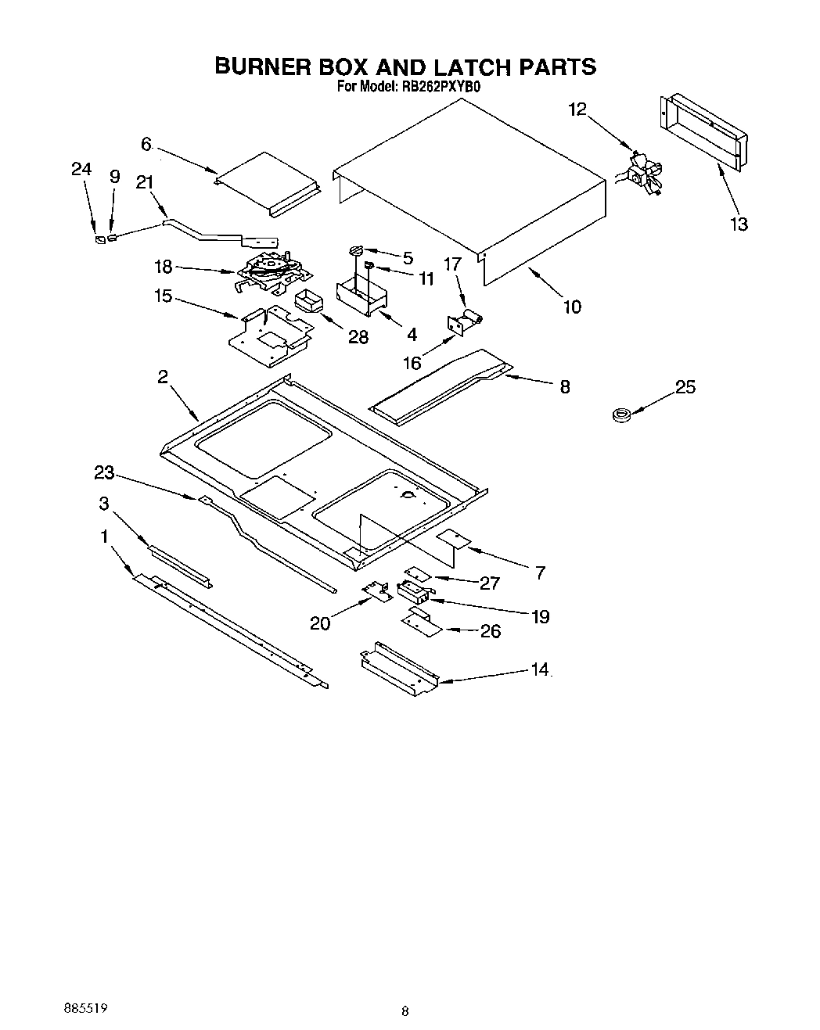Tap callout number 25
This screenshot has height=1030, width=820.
[x=685, y=386]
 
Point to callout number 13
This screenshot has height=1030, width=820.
[x=739, y=224]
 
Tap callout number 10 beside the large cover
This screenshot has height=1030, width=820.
[x=572, y=307]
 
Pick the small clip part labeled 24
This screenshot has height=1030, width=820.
[x=99, y=239]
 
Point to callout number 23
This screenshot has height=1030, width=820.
[x=104, y=472]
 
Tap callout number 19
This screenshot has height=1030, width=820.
[x=540, y=616]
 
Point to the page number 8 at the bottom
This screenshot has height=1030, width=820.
[x=405, y=1012]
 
